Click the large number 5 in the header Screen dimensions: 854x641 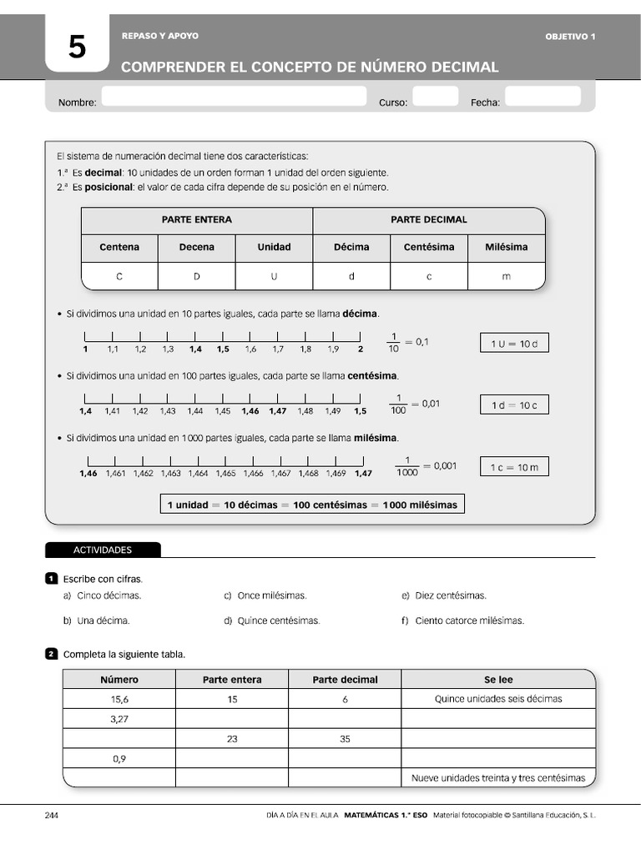pos(77,48)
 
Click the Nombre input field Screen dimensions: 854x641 pos(233,97)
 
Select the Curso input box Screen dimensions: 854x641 pos(435,97)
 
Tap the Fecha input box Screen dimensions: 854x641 pos(542,97)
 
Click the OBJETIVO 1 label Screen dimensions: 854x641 pos(570,37)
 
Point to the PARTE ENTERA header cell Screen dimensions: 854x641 pos(197,219)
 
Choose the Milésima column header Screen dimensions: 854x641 pos(506,247)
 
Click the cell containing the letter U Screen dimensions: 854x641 pos(274,276)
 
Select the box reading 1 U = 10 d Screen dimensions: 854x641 pos(514,344)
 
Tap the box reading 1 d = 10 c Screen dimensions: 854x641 pos(514,405)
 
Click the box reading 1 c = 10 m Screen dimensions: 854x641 pos(514,468)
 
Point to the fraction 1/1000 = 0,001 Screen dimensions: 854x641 pos(426,467)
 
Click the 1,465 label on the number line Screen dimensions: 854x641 pos(225,474)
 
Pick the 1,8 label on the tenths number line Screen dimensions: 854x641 pos(305,349)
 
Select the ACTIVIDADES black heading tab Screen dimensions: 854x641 pos(103,550)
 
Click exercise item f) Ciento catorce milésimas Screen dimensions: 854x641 pos(463,620)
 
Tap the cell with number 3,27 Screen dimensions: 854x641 pos(119,718)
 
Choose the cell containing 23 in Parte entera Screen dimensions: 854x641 pos(232,738)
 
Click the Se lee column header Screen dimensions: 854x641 pos(498,680)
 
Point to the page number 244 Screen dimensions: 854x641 pos(51,815)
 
